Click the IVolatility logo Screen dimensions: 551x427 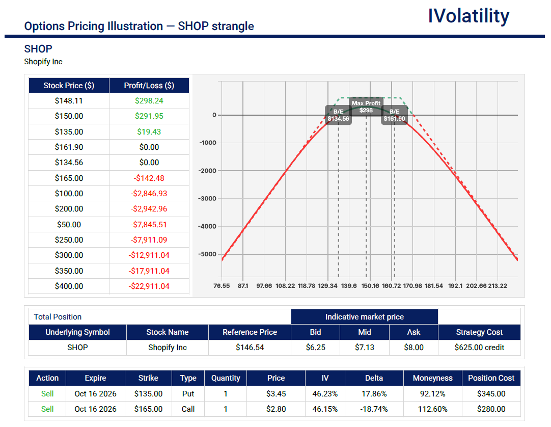(469, 16)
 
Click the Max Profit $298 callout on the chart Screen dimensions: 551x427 (366, 106)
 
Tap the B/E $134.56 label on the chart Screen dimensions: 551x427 (339, 115)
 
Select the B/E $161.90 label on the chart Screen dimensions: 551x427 (394, 115)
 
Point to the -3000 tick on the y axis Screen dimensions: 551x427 (207, 198)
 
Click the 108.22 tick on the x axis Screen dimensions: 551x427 (285, 286)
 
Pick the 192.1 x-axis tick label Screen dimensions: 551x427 (455, 286)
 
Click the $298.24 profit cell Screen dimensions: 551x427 (149, 100)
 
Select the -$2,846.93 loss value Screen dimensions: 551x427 (149, 194)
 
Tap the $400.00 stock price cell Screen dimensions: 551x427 (69, 286)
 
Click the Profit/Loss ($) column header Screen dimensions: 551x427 (149, 86)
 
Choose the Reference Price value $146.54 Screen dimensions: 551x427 (250, 348)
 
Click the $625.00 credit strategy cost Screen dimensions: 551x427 (479, 348)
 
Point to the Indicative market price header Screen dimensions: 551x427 (365, 317)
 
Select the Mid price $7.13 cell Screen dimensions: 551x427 (365, 348)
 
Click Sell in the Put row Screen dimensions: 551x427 (47, 393)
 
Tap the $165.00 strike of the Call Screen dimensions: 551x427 (148, 409)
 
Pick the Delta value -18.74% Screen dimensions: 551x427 (374, 409)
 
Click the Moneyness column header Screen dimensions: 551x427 (432, 378)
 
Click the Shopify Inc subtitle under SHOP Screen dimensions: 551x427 (43, 62)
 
